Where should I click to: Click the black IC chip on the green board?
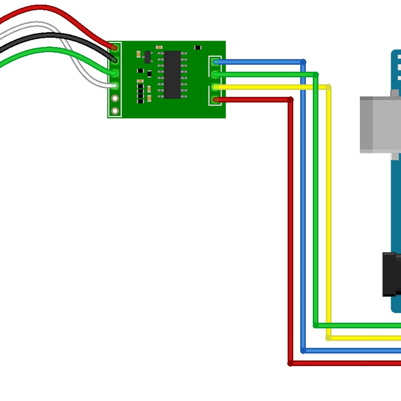[x=172, y=74]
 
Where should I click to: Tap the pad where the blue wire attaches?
[x=216, y=62]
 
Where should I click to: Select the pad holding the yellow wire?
[x=216, y=87]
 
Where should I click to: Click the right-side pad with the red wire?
[x=216, y=100]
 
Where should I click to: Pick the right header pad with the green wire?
[x=216, y=74]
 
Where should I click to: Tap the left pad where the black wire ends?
[x=115, y=60]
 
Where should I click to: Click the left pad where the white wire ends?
[x=115, y=86]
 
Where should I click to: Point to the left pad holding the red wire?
[x=115, y=48]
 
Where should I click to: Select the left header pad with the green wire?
[x=115, y=73]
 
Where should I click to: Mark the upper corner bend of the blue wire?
[x=303, y=62]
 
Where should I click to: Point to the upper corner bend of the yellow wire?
[x=328, y=87]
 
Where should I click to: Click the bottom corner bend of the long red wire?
[x=290, y=363]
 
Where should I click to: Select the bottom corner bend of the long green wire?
[x=316, y=325]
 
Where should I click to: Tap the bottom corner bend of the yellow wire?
[x=328, y=337]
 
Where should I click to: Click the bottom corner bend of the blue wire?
[x=303, y=350]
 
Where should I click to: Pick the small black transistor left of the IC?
[x=148, y=57]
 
